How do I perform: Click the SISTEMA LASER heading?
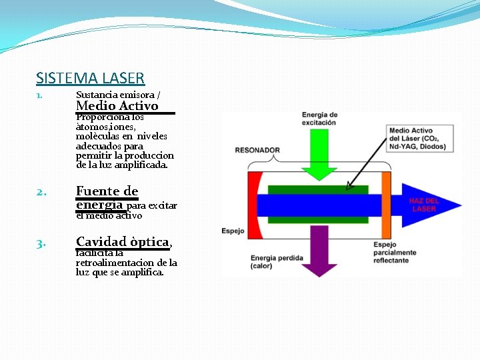(x=90, y=78)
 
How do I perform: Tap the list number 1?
(x=39, y=95)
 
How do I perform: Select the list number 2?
(x=41, y=193)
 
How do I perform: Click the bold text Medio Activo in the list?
(x=117, y=106)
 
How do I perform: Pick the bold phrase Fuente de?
(x=107, y=191)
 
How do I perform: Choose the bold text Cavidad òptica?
(x=123, y=241)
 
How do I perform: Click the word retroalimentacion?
(x=116, y=263)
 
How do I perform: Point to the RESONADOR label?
(x=257, y=150)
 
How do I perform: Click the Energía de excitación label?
(x=320, y=119)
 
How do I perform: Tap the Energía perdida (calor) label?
(x=277, y=262)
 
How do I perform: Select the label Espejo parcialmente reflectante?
(x=395, y=252)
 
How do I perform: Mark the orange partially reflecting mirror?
(x=386, y=203)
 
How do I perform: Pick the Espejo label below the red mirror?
(x=233, y=231)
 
